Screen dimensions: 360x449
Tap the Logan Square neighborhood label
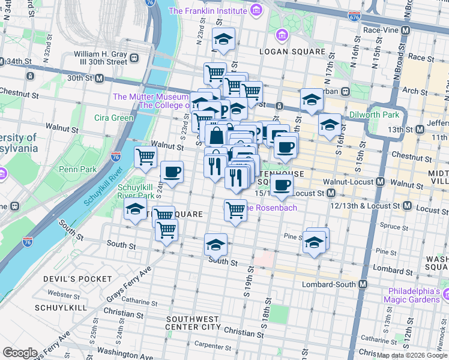point(292,52)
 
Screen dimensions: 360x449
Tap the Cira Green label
point(113,118)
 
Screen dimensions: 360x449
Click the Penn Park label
point(77,169)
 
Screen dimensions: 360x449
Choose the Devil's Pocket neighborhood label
point(77,279)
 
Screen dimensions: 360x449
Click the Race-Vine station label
point(384,29)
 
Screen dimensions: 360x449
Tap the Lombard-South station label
point(330,284)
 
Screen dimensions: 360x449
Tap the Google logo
point(20,352)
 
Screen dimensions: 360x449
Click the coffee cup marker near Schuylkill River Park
point(172,172)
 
